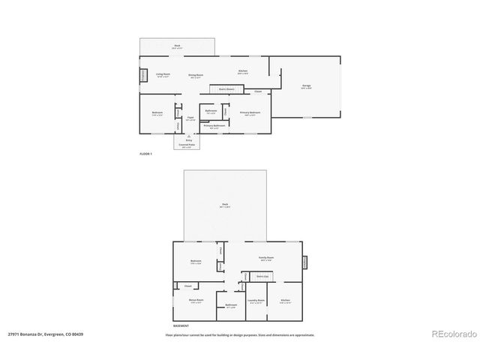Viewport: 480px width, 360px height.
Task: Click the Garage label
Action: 306,86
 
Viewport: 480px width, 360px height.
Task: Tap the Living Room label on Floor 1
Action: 163,74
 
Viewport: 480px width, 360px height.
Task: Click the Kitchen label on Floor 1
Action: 242,72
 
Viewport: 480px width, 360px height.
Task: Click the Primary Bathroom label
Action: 217,126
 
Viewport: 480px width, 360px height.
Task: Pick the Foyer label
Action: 190,118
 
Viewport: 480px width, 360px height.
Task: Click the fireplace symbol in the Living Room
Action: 143,76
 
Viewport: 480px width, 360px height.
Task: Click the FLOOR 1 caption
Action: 145,154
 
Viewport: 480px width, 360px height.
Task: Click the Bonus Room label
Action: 196,301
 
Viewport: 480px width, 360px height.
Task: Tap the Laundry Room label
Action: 255,301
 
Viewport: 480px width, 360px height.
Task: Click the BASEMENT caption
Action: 181,325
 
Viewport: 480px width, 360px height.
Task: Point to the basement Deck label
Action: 224,204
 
